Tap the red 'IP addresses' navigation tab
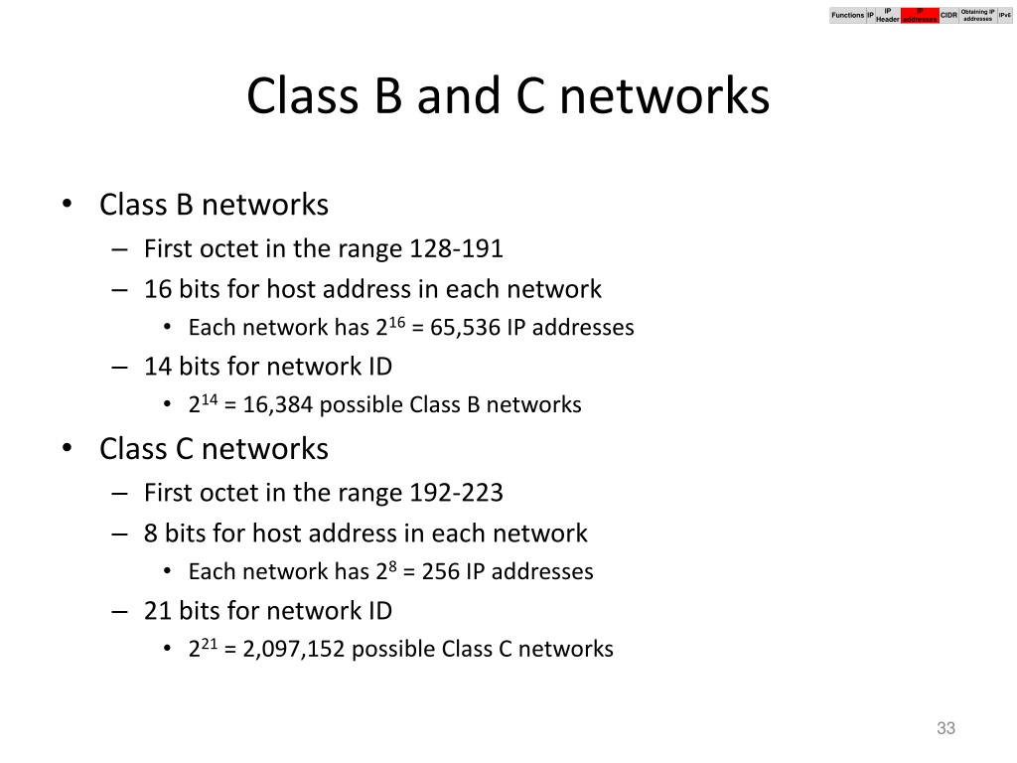pyautogui.click(x=919, y=15)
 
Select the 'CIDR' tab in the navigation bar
pyautogui.click(x=948, y=15)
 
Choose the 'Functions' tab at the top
pyautogui.click(x=847, y=15)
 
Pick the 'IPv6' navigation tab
pyautogui.click(x=1004, y=15)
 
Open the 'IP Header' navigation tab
pyautogui.click(x=887, y=15)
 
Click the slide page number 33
pyautogui.click(x=945, y=729)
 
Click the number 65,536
pyautogui.click(x=466, y=328)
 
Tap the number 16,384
pyautogui.click(x=263, y=405)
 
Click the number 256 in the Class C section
pyautogui.click(x=440, y=572)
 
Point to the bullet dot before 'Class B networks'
pyautogui.click(x=67, y=206)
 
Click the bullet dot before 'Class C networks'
pyautogui.click(x=67, y=450)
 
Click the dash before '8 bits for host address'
pyautogui.click(x=120, y=534)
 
